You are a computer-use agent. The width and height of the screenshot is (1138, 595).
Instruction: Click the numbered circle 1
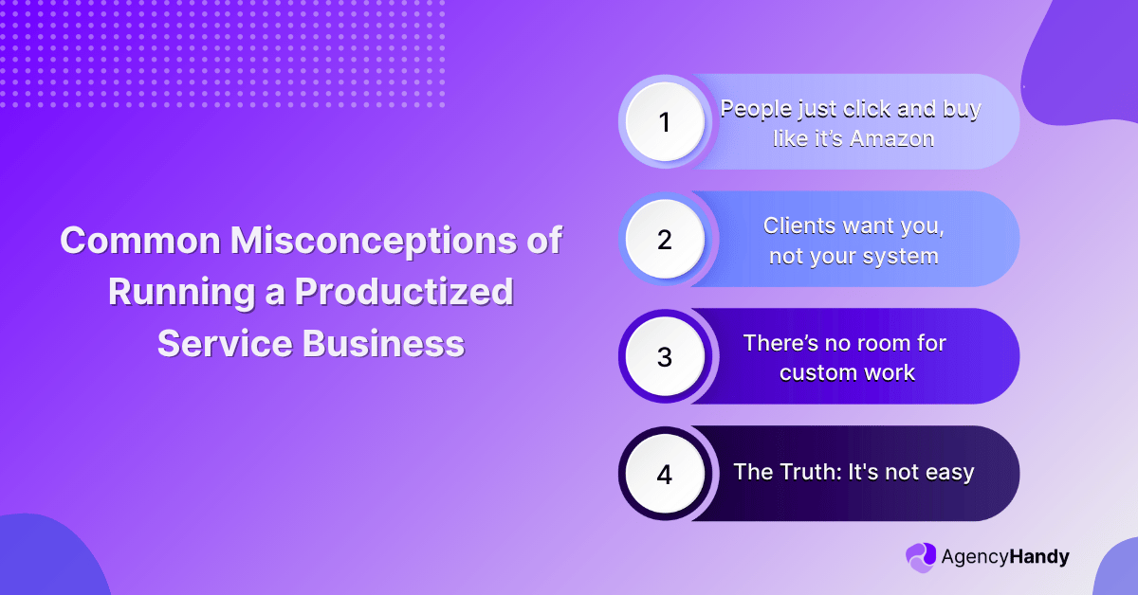coord(664,122)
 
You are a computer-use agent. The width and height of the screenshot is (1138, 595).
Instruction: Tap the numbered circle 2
coord(664,240)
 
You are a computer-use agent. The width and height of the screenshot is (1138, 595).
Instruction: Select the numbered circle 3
coord(664,357)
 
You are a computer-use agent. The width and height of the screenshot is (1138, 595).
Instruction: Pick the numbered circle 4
coord(664,474)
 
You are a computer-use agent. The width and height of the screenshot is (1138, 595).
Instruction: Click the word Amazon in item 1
coord(892,138)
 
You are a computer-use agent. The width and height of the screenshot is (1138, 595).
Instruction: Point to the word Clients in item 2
coord(798,226)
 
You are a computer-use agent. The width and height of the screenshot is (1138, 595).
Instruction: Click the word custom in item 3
coord(813,372)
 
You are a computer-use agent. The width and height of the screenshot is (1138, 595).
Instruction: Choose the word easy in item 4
coord(949,472)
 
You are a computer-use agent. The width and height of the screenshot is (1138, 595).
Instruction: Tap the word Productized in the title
coord(404,292)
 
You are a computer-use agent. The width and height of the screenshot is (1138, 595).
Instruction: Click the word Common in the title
coord(141,241)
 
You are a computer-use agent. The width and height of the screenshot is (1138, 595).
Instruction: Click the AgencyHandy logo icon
coord(920,557)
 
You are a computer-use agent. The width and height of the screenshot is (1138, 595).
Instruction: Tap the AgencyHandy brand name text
coord(1004,557)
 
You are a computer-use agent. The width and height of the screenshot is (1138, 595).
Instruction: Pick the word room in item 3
coord(877,343)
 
